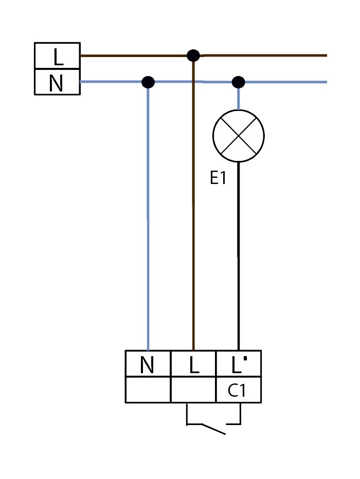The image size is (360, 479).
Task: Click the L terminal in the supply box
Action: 57,56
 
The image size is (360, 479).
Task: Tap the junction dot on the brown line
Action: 193,56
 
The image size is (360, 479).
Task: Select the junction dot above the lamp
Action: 238,82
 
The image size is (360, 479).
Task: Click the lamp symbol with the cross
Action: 238,136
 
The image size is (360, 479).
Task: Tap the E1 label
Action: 218,178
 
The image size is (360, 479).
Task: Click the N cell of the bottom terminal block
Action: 148,364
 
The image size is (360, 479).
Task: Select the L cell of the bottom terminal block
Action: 193,364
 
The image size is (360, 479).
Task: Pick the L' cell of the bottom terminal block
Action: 238,364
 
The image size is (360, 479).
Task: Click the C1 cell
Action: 238,391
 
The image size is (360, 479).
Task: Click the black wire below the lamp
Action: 238,257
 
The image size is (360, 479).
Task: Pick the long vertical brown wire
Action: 193,216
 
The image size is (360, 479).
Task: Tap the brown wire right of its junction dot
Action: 267,55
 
